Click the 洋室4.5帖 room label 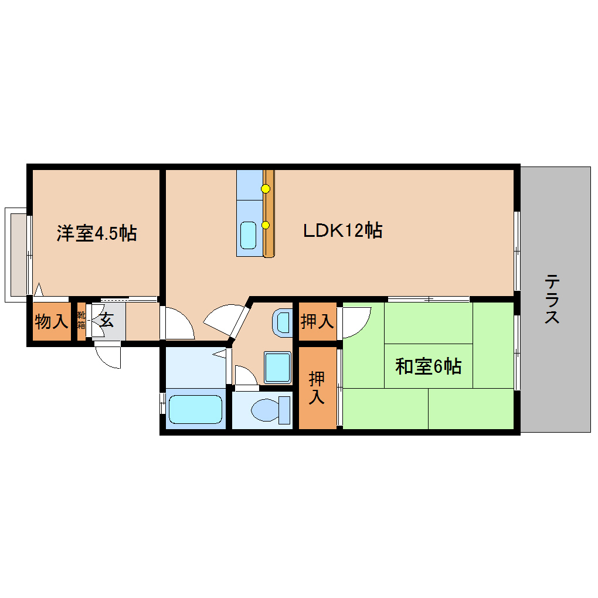(97, 233)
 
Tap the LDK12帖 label (343, 230)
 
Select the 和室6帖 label (429, 367)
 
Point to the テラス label (552, 299)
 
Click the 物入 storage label (51, 321)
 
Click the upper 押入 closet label (317, 321)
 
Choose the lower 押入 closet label (317, 388)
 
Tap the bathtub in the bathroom (195, 409)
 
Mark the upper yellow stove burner (266, 188)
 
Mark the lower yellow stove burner (266, 225)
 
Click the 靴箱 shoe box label (81, 321)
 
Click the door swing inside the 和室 (355, 321)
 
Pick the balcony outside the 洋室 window (17, 254)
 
